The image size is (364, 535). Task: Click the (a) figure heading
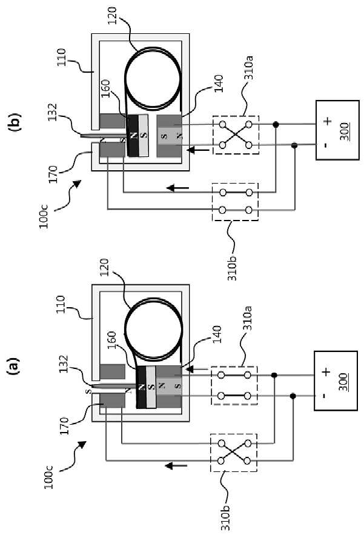[15, 367]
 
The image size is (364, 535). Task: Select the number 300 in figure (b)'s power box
[345, 131]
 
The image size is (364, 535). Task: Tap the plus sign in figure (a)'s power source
[326, 371]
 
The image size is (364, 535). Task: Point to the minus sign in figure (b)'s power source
[327, 145]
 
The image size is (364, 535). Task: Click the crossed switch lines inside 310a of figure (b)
[236, 135]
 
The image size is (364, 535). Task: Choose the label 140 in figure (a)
[217, 334]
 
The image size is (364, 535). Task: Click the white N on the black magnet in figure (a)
[141, 387]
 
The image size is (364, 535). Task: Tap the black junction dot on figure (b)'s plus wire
[276, 125]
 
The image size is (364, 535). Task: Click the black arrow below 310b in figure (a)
[176, 465]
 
